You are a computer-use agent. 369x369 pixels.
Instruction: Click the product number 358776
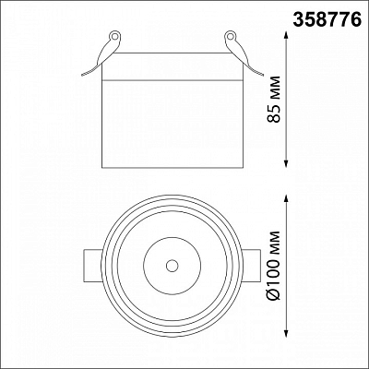coord(327,18)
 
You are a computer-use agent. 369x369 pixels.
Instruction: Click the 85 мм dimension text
coord(274,99)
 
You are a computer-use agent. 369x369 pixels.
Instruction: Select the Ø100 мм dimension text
coord(274,265)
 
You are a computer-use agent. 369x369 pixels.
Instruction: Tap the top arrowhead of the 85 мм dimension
coord(287,35)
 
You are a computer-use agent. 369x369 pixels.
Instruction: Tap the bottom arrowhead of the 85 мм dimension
coord(287,164)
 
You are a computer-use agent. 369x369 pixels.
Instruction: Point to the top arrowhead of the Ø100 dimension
coord(287,198)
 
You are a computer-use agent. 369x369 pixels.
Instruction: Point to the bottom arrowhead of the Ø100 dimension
coord(287,333)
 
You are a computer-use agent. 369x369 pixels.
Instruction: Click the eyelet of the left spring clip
coord(115,36)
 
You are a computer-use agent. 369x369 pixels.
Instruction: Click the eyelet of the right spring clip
coord(230,36)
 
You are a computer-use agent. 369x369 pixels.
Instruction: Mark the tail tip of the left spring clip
coord(82,75)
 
